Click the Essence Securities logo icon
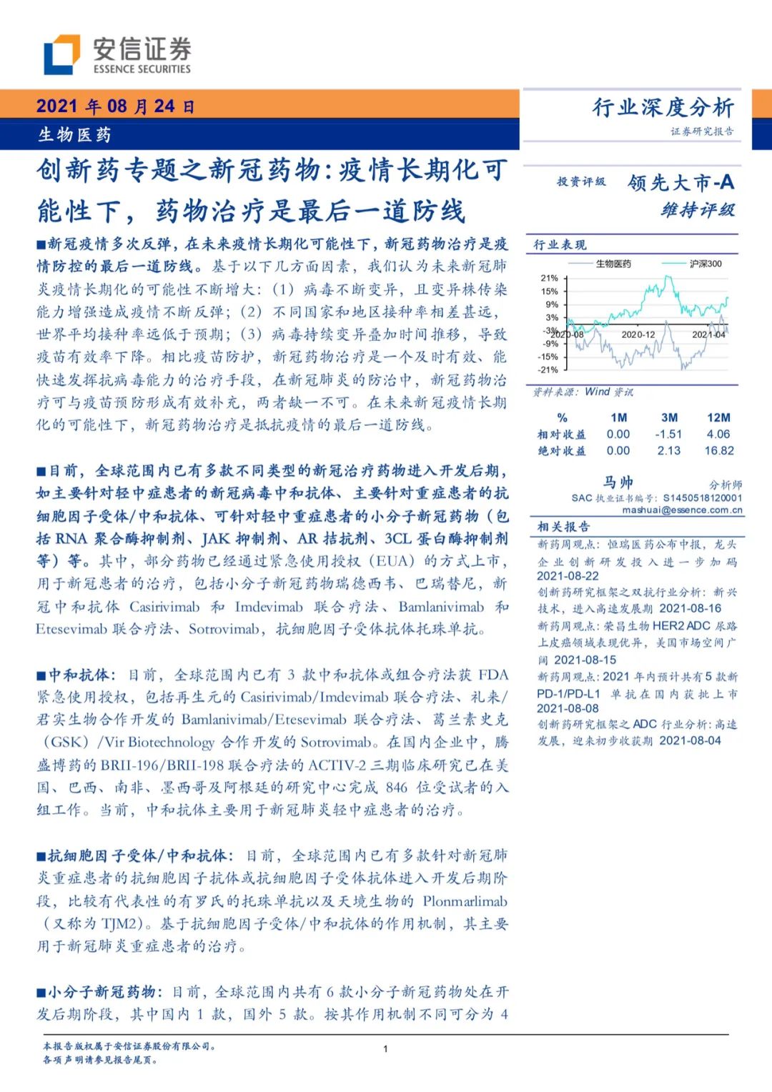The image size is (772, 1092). tap(61, 54)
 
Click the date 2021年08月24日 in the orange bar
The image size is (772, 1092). tap(115, 106)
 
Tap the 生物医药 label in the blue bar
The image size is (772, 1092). tap(74, 134)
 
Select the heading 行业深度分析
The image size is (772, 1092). tap(663, 107)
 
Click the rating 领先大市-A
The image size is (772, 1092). tap(681, 183)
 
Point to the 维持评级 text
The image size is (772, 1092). tap(698, 210)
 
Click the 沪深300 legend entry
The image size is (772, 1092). tap(705, 264)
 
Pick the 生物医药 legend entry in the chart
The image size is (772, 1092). tap(613, 264)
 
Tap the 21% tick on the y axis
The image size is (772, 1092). tap(549, 278)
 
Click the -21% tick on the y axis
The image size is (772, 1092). tap(548, 369)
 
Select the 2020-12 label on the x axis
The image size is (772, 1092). tap(638, 334)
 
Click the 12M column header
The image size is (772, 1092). tap(718, 417)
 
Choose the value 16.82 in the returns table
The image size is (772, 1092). tap(718, 451)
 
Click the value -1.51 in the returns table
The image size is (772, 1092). tap(668, 435)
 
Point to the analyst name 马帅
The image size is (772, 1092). tap(618, 482)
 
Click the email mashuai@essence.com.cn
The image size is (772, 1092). tap(682, 510)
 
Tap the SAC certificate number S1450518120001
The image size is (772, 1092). tap(703, 498)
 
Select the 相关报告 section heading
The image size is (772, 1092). tap(564, 527)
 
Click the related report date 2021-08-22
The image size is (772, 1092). tap(568, 576)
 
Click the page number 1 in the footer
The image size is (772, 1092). tap(385, 1049)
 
